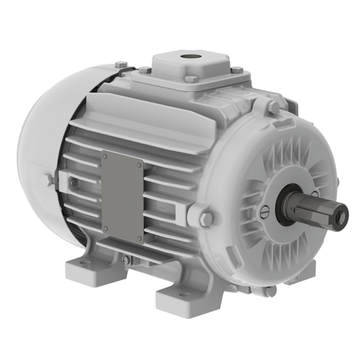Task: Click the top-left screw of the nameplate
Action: point(105,157)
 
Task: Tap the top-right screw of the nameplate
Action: point(139,165)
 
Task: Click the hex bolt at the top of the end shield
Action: point(274,107)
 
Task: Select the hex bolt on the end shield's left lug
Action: point(206,219)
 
